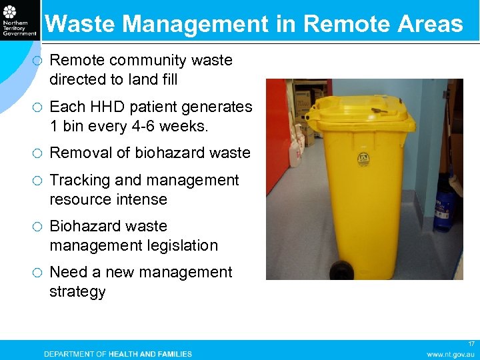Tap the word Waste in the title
(x=80, y=25)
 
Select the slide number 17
(x=471, y=344)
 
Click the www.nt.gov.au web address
(x=451, y=354)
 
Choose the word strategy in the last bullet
(x=77, y=291)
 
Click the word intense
(x=141, y=199)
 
